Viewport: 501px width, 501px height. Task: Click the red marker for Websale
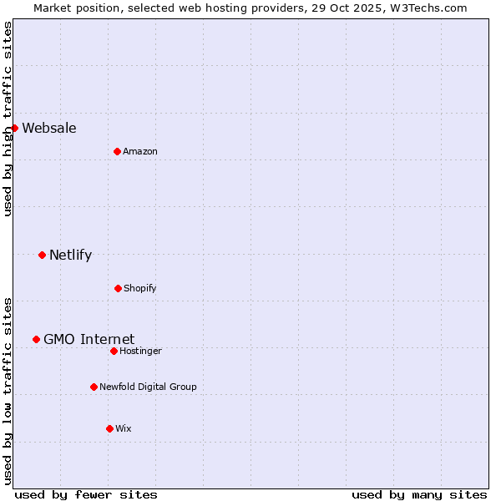coord(14,128)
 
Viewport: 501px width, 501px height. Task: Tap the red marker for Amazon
coord(117,151)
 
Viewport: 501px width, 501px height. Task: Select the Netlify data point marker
coord(42,255)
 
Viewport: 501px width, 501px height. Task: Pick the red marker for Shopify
coord(118,288)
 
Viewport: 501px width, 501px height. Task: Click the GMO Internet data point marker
coord(36,339)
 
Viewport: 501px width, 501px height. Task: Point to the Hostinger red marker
coord(114,351)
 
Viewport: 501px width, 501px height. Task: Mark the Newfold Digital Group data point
coord(94,387)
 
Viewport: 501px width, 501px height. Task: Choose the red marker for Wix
coord(109,428)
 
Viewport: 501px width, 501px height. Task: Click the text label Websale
coord(49,128)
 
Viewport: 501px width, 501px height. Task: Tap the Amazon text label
coord(140,151)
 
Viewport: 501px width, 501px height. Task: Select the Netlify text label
coord(70,255)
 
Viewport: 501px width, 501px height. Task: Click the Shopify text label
coord(140,288)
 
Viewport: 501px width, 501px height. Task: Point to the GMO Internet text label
coord(89,339)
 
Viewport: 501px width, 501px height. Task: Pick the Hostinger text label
coord(140,351)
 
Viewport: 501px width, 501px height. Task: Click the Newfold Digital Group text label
coord(148,387)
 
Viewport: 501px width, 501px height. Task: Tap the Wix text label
coord(124,428)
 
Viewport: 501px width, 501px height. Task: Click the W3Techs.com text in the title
coord(426,8)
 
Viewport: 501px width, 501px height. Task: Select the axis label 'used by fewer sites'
coord(86,494)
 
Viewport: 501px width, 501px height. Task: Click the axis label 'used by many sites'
coord(419,494)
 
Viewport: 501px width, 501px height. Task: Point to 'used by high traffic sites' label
coord(8,119)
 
